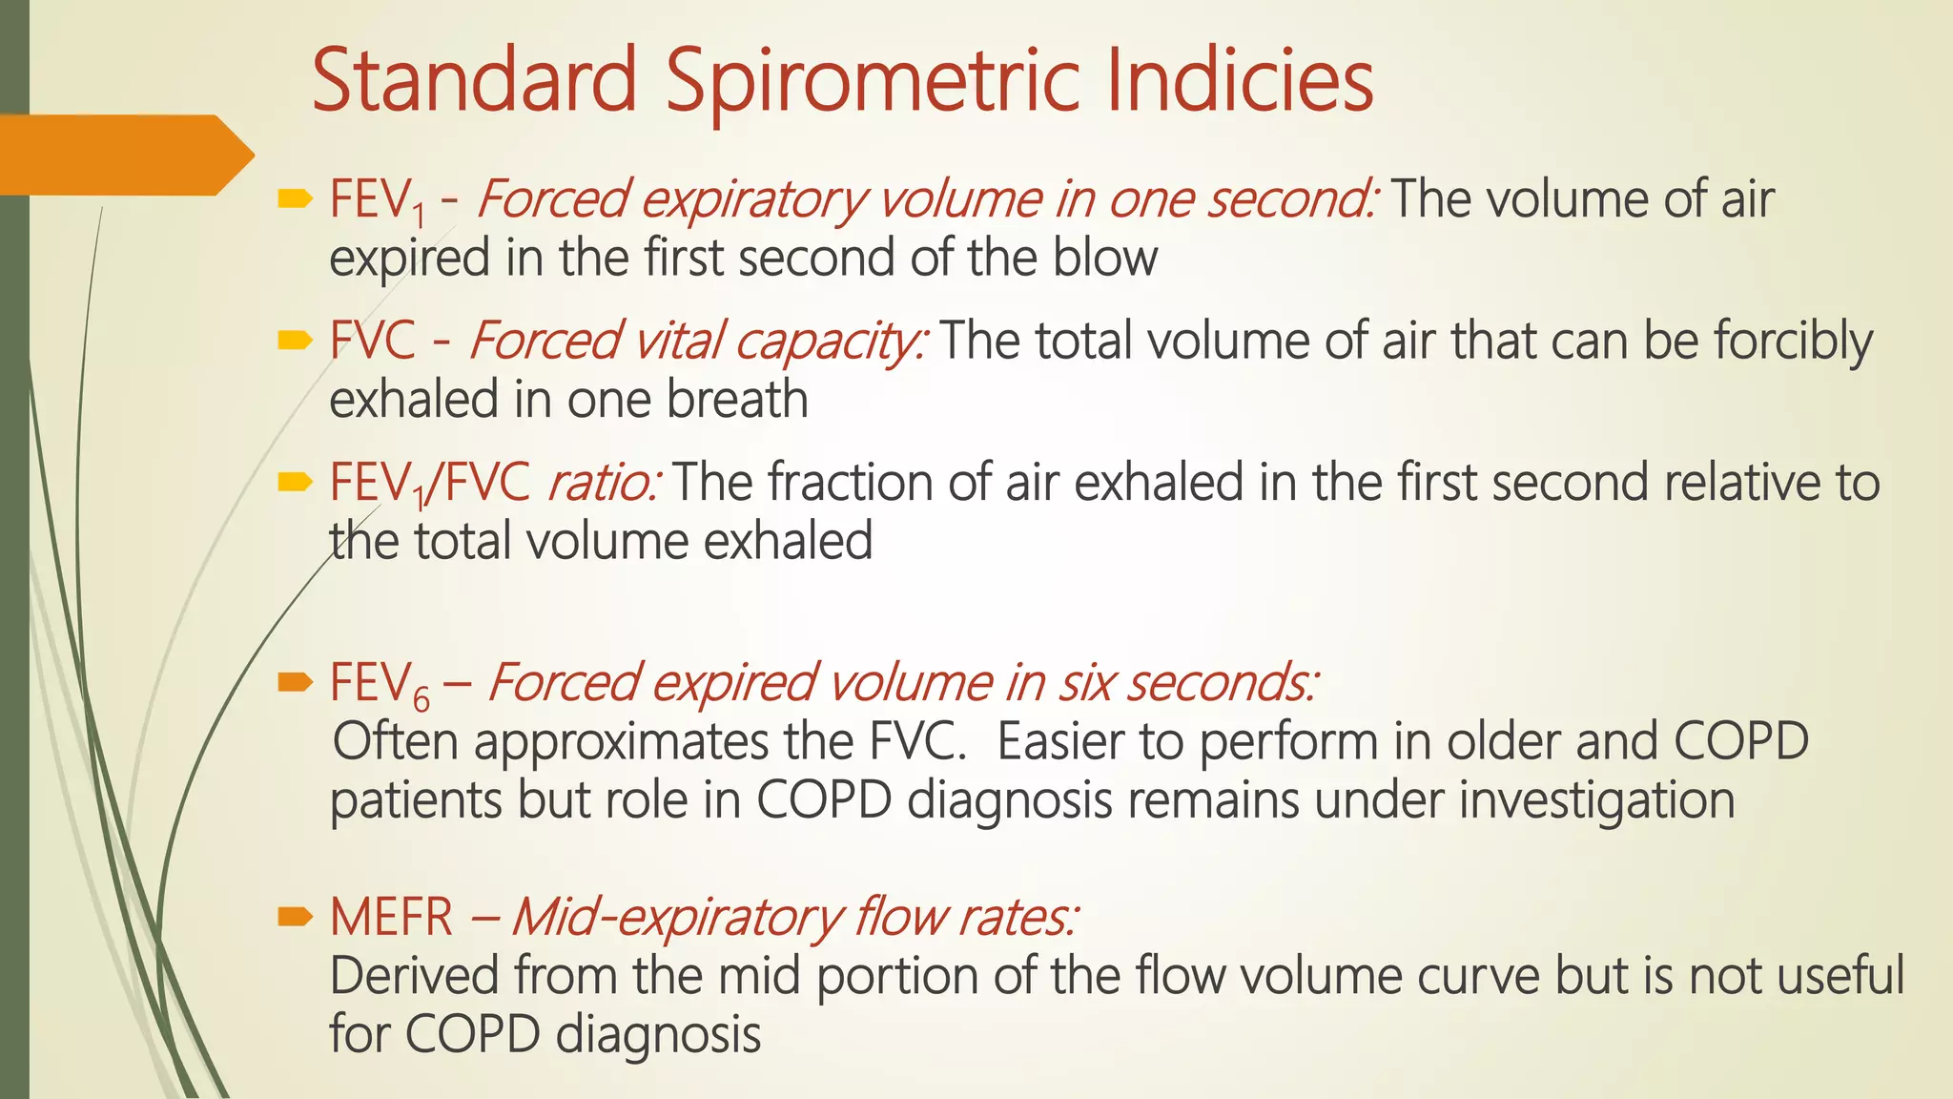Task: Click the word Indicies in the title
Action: (1240, 81)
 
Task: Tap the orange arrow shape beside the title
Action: (124, 155)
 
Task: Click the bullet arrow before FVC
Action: (295, 341)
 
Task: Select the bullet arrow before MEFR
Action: (295, 918)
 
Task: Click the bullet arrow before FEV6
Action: (295, 682)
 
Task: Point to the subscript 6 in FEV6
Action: (421, 701)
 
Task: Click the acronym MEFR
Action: (391, 918)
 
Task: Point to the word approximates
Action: (621, 742)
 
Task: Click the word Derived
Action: (415, 976)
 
